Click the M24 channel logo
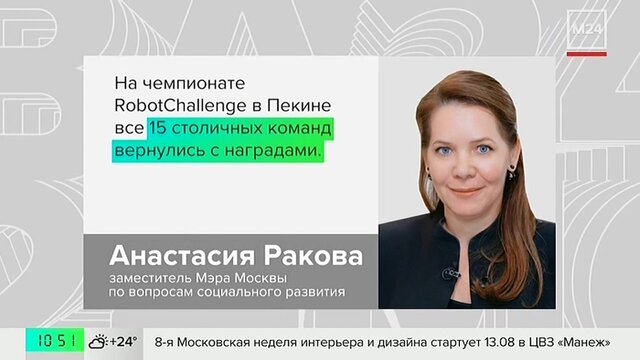[587, 29]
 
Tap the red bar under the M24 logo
[587, 54]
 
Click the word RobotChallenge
[180, 106]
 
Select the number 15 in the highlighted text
[157, 128]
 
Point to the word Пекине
[299, 105]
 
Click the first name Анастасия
[182, 256]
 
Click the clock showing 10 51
[56, 341]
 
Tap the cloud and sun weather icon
[98, 342]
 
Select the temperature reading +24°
[123, 341]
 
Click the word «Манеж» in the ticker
[586, 342]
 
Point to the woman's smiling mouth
[465, 191]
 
